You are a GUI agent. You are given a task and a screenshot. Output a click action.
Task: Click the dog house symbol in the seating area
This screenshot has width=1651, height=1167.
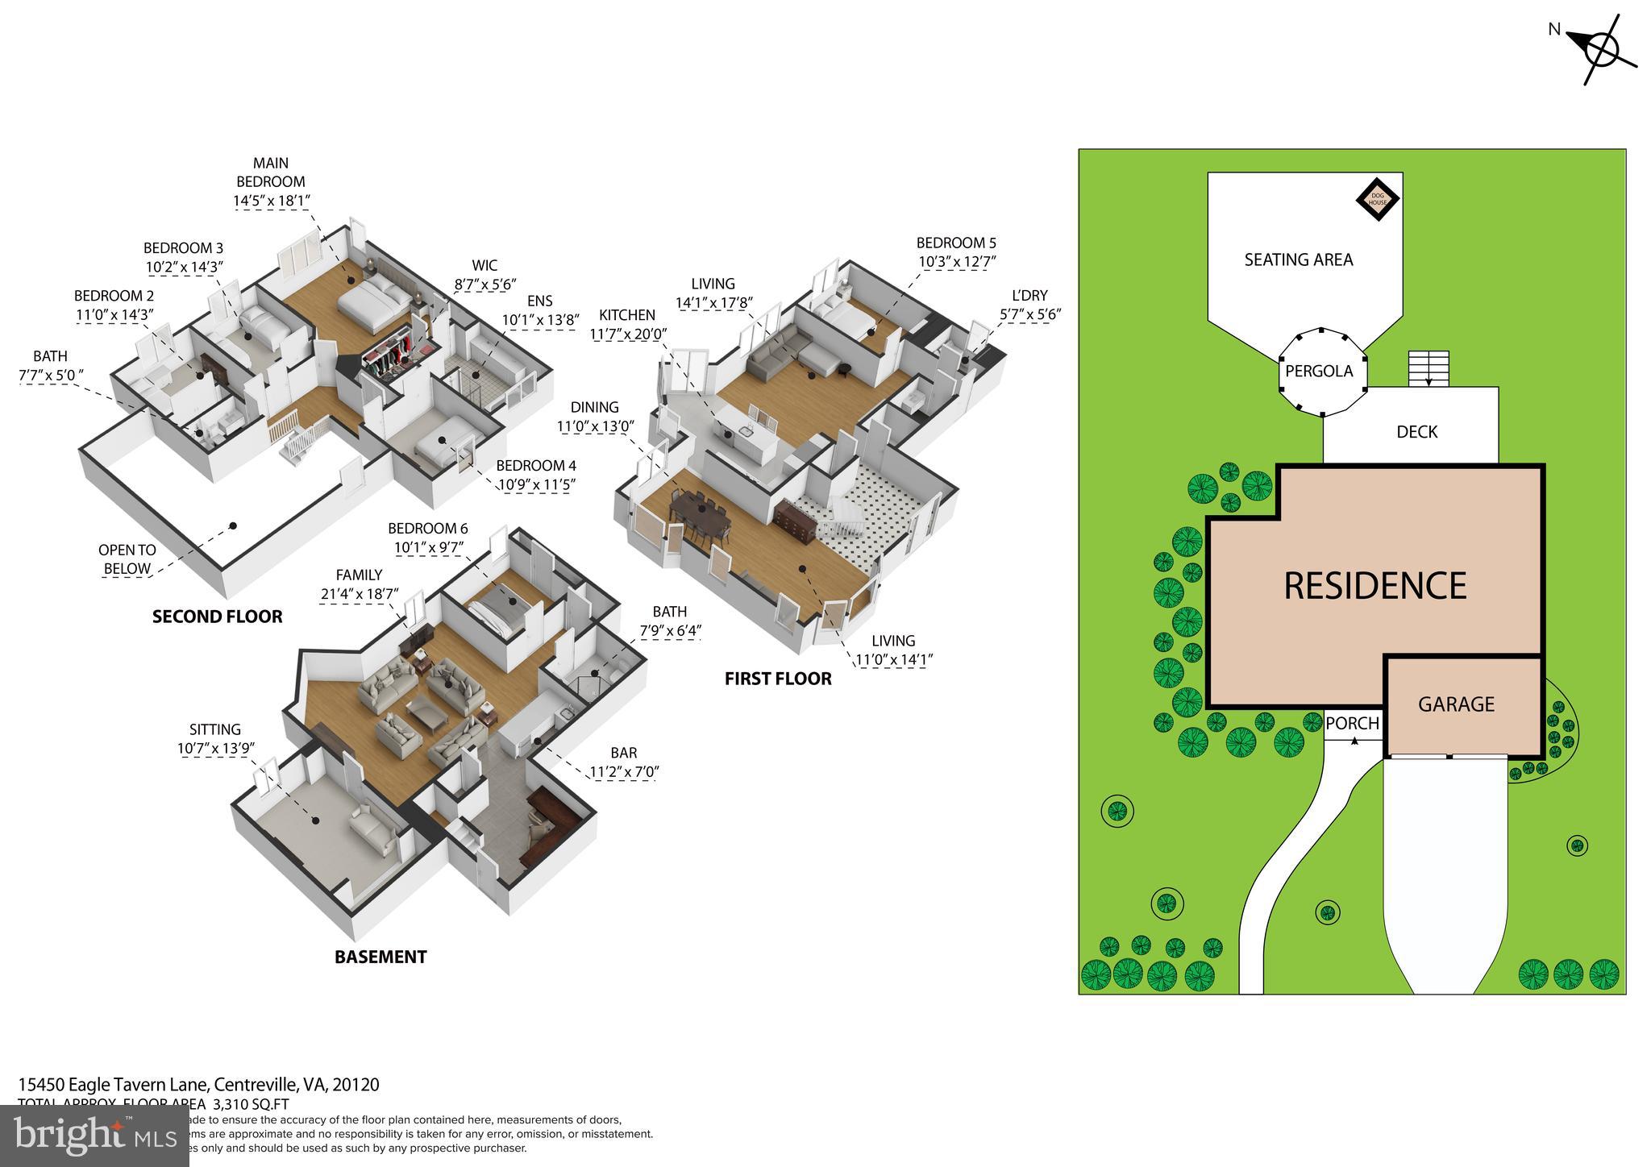pyautogui.click(x=1377, y=197)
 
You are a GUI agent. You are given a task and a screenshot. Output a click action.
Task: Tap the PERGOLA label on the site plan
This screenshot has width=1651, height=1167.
pyautogui.click(x=1319, y=372)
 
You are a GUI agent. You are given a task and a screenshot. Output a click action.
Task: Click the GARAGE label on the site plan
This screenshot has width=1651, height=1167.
pyautogui.click(x=1456, y=704)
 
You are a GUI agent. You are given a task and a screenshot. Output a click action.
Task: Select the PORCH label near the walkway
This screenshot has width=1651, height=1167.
pyautogui.click(x=1352, y=724)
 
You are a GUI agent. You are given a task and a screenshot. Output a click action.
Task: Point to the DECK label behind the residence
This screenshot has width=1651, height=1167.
pyautogui.click(x=1416, y=432)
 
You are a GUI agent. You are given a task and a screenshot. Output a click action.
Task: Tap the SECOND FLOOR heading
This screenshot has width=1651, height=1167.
pyautogui.click(x=218, y=617)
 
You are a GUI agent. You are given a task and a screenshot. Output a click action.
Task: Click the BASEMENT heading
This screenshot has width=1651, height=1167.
pyautogui.click(x=381, y=957)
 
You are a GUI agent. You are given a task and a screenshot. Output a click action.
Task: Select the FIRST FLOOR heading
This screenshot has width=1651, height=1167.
pyautogui.click(x=778, y=679)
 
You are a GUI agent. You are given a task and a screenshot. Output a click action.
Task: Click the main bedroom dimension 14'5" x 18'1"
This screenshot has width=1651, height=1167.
pyautogui.click(x=272, y=201)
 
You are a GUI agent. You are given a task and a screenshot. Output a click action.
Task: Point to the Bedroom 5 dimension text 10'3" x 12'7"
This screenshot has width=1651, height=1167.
pyautogui.click(x=957, y=262)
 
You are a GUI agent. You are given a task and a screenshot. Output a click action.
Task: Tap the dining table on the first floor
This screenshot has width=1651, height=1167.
pyautogui.click(x=699, y=516)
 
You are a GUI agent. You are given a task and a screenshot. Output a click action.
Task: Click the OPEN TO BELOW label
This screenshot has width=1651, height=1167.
pyautogui.click(x=127, y=559)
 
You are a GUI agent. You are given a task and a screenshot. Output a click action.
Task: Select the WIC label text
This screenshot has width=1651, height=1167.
pyautogui.click(x=484, y=265)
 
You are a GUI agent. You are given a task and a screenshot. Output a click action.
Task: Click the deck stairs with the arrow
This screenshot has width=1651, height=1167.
pyautogui.click(x=1429, y=369)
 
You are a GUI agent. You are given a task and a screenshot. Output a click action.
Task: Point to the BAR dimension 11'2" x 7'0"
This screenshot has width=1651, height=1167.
pyautogui.click(x=624, y=772)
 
